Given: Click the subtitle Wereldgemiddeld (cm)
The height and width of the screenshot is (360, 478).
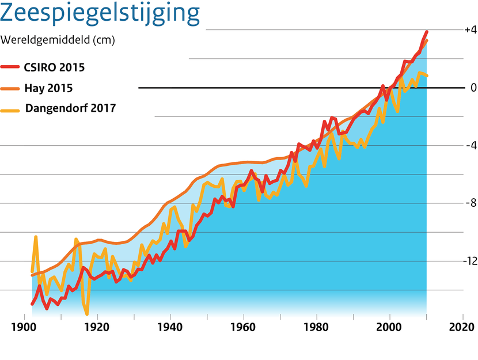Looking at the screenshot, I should point(58,40).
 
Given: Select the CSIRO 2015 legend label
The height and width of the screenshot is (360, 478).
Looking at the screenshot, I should point(54,67).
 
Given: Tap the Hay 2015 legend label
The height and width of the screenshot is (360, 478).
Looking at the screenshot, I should point(48,88).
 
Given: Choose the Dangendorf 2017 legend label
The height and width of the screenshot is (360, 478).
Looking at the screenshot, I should point(70,108).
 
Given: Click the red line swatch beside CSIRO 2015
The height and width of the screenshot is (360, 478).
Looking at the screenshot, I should point(11,67).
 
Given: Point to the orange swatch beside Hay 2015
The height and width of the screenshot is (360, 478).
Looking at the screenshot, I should point(11,88).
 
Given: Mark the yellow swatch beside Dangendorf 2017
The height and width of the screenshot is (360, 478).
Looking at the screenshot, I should point(11,108).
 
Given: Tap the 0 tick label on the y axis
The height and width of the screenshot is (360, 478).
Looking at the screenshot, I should point(473,88).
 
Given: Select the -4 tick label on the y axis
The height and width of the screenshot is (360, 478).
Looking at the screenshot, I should point(470,145).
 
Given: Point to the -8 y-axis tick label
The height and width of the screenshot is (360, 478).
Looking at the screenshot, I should point(470,203).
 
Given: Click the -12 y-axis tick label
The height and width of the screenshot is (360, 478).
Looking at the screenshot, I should point(468,261).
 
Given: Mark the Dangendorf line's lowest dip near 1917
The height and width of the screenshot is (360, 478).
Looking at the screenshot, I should point(87,314).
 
